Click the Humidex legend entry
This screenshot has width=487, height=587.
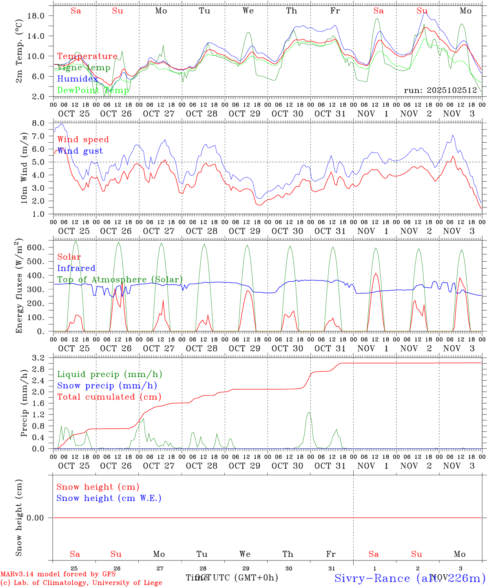pos(77,79)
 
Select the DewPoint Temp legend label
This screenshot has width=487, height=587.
pos(93,90)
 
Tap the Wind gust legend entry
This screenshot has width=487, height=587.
pos(80,151)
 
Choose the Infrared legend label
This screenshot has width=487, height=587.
pos(76,268)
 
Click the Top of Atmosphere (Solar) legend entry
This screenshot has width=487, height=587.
pos(120,280)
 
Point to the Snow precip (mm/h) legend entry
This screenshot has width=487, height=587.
pos(107,386)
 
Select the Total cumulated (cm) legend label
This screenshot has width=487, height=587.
pos(109,397)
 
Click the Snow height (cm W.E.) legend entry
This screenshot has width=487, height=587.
pos(108,498)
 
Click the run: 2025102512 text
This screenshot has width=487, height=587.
pos(440,90)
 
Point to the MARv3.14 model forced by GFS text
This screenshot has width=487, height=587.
pos(58,574)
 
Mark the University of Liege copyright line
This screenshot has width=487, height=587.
pos(82,583)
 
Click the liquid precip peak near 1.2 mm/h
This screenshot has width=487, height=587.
pos(309,413)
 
